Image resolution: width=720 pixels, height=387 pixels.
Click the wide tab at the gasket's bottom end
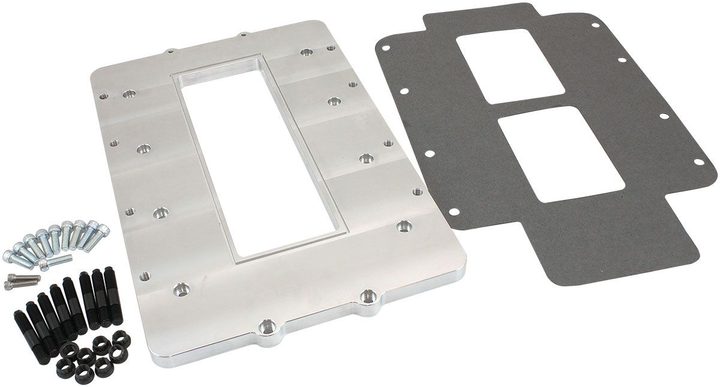pyautogui.click(x=624, y=240)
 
